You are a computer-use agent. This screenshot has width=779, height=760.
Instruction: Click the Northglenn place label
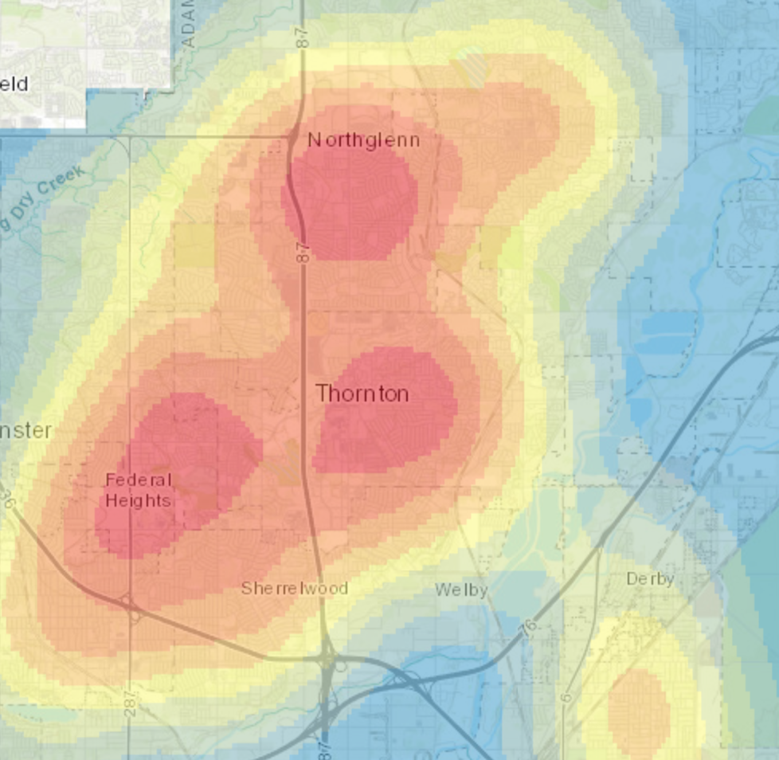click(363, 140)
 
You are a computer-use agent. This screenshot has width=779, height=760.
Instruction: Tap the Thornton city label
click(362, 393)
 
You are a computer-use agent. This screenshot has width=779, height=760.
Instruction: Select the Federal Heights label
click(139, 490)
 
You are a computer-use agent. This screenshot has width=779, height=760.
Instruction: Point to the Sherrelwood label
click(295, 588)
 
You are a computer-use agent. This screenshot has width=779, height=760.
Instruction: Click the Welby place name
click(461, 590)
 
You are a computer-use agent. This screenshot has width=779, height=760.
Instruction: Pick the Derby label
click(650, 578)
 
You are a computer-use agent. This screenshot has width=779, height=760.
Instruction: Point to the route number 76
click(529, 629)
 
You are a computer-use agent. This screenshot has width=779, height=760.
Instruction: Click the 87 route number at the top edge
click(303, 36)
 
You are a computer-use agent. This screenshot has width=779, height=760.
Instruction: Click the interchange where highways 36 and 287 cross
click(130, 605)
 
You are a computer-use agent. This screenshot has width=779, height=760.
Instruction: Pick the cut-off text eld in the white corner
click(14, 84)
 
